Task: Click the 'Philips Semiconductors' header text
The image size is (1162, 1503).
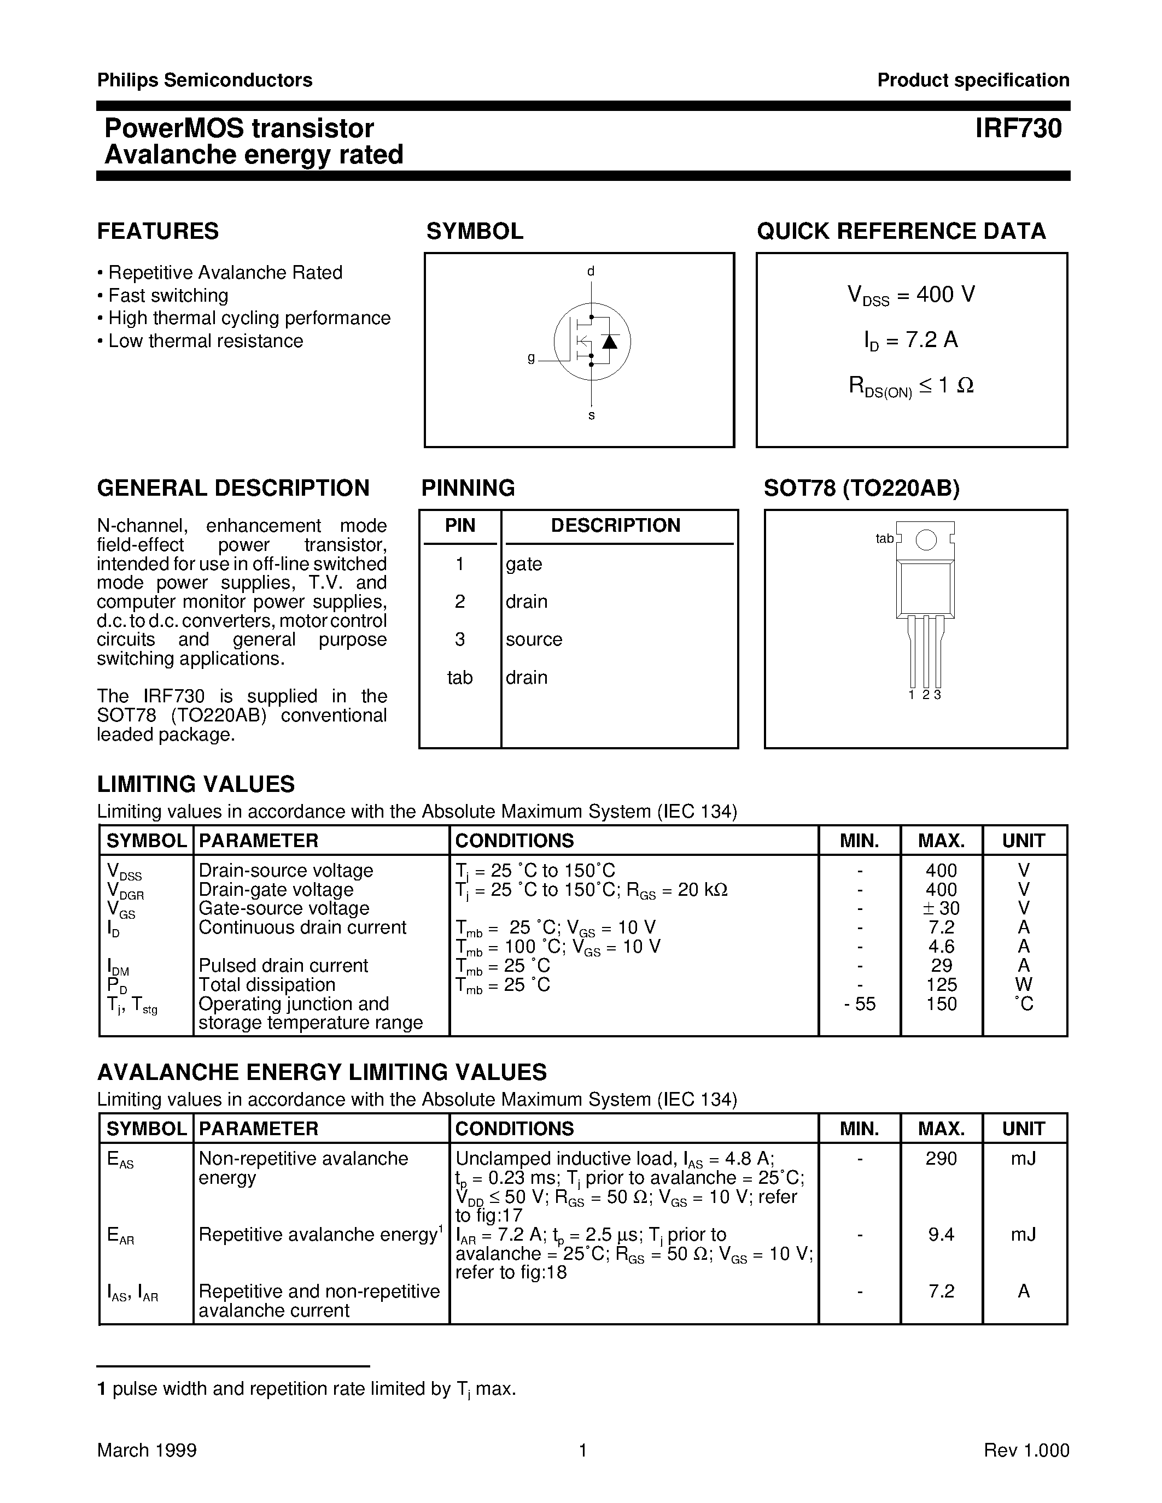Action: [205, 80]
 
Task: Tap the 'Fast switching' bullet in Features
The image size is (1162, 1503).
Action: [168, 295]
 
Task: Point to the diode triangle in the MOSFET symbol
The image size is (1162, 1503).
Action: [609, 342]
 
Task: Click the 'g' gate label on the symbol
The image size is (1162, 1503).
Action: [531, 358]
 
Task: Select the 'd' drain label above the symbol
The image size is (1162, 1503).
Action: [591, 271]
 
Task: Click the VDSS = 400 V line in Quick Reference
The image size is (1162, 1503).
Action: [911, 295]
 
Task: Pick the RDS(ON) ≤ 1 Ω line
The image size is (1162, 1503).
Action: [911, 386]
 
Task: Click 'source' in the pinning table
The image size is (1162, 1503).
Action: [534, 639]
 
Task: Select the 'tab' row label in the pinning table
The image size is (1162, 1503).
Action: [459, 678]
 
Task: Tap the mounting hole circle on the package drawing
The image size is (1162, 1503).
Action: [926, 540]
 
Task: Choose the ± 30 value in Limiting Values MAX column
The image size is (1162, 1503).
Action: [941, 908]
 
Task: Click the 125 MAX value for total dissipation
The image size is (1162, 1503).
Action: [941, 984]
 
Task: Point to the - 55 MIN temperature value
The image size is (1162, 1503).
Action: [859, 1003]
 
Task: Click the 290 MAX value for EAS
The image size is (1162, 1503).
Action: [941, 1158]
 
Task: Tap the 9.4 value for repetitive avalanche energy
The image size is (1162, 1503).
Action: [941, 1234]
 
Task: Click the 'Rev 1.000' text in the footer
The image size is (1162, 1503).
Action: [1026, 1450]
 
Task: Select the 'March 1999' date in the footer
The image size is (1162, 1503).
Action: [147, 1450]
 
